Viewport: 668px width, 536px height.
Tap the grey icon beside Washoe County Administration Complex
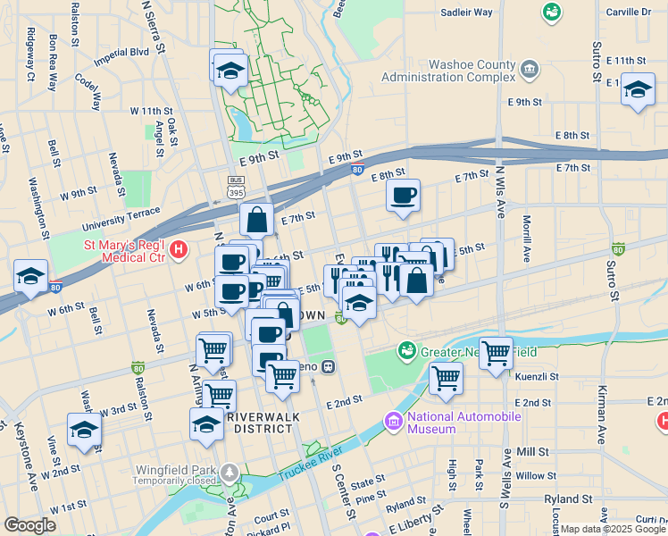coord(530,69)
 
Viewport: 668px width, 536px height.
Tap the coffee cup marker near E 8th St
coord(403,195)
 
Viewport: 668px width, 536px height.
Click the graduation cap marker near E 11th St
coord(638,90)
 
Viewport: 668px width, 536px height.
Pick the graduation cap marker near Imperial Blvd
coord(230,70)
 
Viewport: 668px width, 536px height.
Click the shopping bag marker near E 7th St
coord(256,219)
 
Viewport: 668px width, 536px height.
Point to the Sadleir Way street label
coord(467,13)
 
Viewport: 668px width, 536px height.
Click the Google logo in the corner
coord(29,525)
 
